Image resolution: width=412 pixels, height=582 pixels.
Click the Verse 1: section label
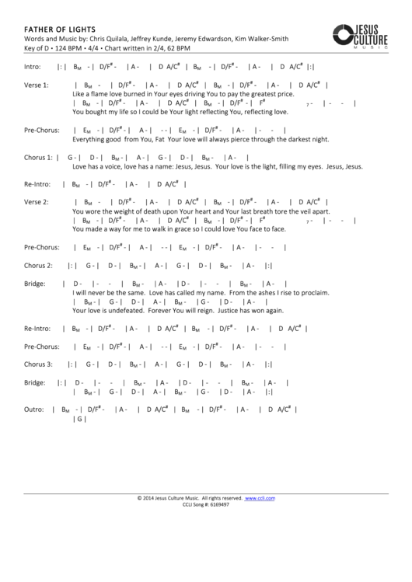37,84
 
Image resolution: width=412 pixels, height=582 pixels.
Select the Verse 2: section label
37,202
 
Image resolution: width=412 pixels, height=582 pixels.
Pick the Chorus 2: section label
39,265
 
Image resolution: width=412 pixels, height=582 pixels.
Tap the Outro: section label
34,408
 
